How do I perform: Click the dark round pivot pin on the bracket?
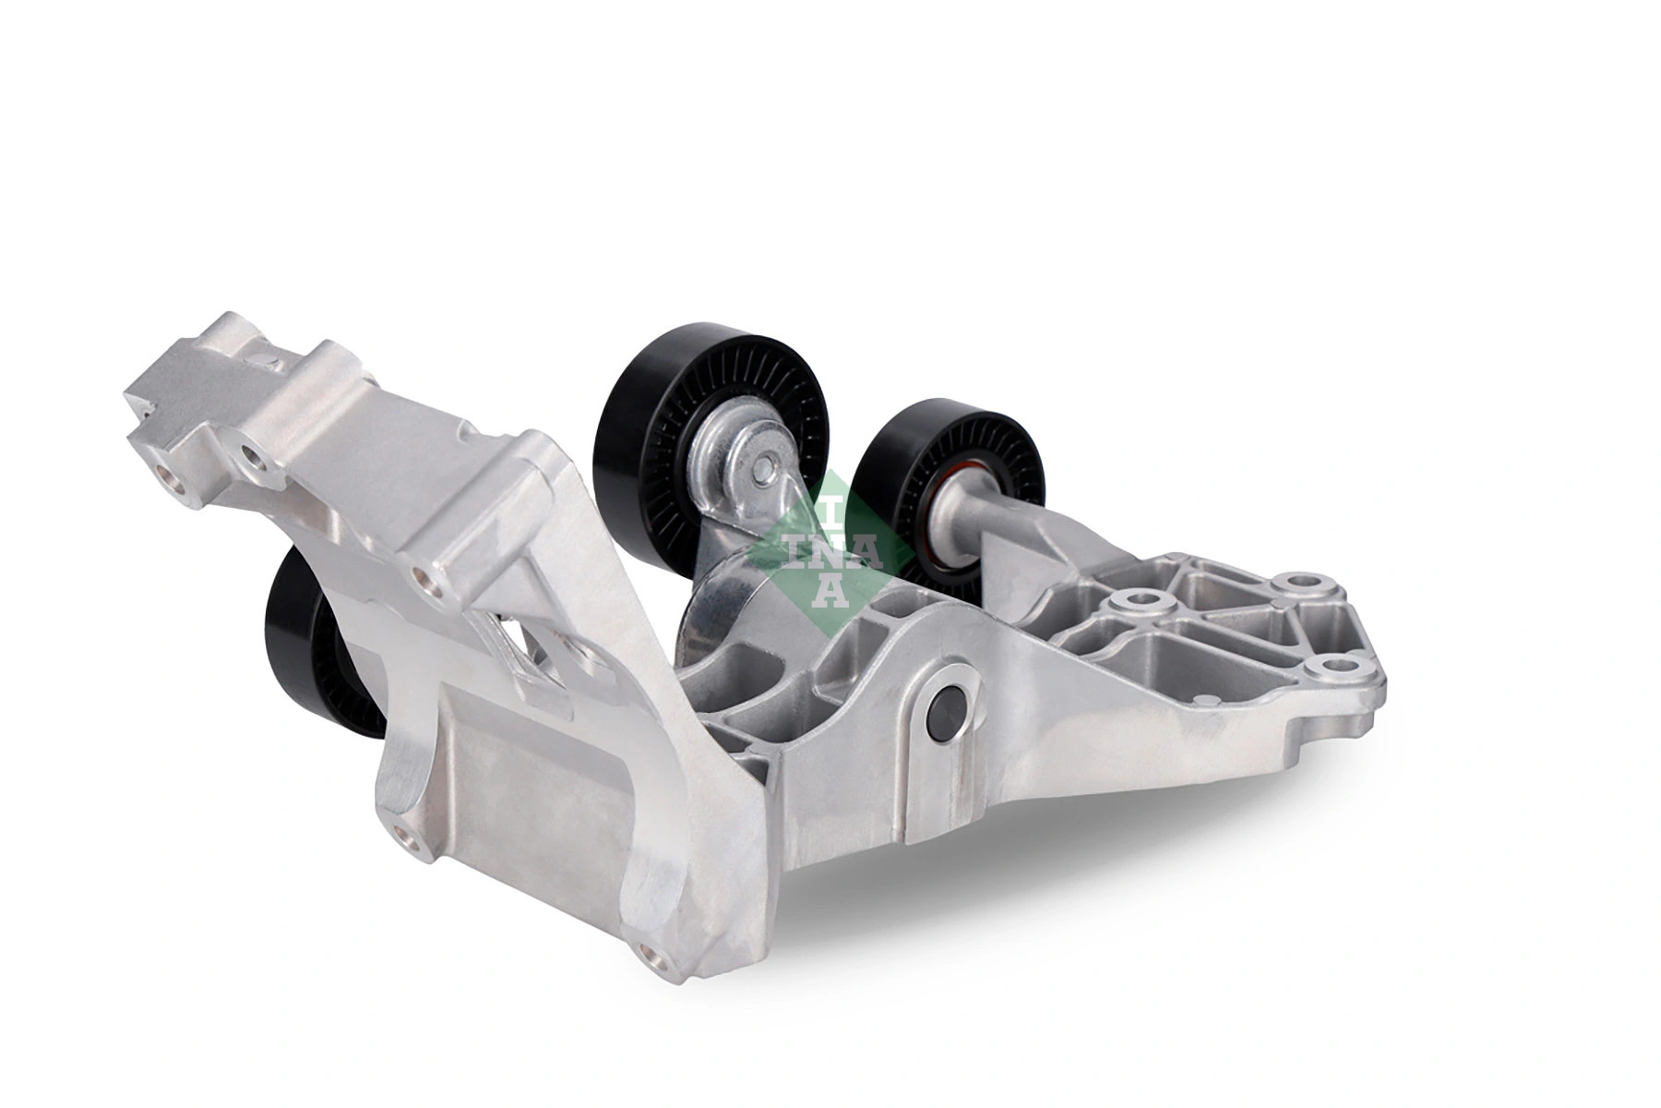click(x=949, y=713)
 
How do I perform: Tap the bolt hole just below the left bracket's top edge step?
click(x=426, y=580)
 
